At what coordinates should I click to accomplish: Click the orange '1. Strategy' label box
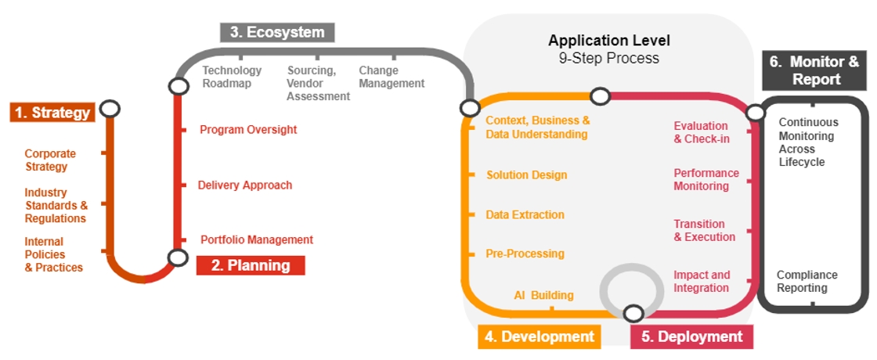click(52, 113)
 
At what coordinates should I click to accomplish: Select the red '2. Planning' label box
click(250, 265)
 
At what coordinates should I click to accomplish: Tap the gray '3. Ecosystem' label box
click(277, 32)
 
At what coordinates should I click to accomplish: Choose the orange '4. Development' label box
click(540, 337)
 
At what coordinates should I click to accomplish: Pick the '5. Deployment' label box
click(691, 337)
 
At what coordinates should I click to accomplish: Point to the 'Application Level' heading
click(608, 41)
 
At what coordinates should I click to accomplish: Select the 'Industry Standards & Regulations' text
click(56, 205)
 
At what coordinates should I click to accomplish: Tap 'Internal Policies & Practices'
click(53, 254)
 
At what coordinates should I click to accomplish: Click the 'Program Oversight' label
click(248, 130)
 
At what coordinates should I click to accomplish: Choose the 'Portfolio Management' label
click(257, 239)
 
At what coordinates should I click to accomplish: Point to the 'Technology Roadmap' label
click(232, 77)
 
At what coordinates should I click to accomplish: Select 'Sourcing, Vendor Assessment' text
click(317, 83)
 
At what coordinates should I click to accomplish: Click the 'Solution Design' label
click(526, 175)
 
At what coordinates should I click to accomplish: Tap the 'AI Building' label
click(543, 295)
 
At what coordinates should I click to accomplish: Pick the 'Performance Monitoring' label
click(706, 179)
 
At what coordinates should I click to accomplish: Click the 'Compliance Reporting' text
click(807, 282)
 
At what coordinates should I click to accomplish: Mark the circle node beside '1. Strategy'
click(110, 108)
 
